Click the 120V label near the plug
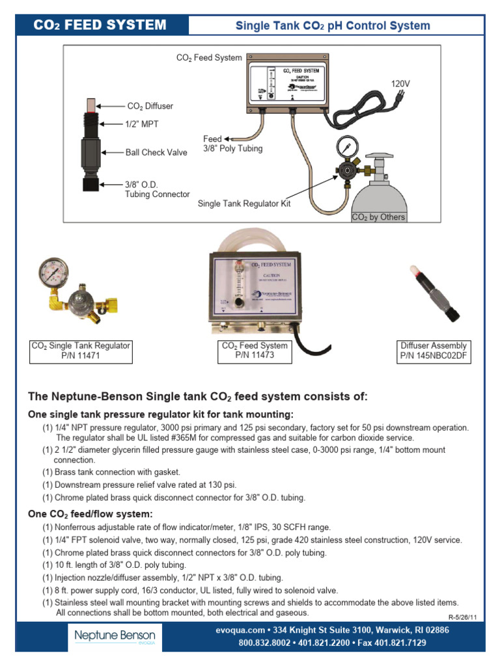pos(400,85)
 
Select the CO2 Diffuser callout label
pos(150,105)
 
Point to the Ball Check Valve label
pos(156,153)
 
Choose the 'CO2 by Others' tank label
pos(378,217)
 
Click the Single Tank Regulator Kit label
pos(244,204)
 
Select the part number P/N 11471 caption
pos(81,356)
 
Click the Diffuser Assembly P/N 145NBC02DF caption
pos(434,351)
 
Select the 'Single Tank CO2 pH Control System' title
pos(332,26)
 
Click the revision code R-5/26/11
pos(464,617)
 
